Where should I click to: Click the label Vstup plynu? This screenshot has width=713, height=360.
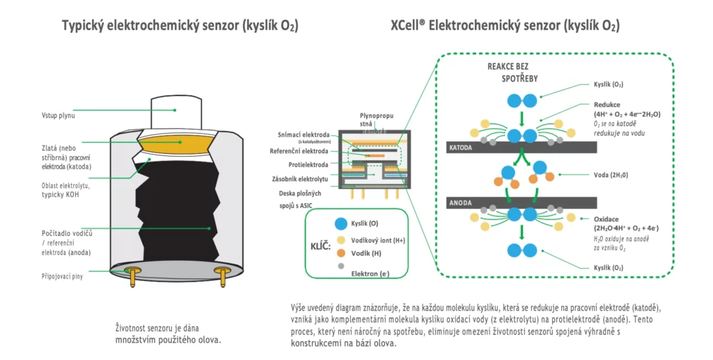[57, 115]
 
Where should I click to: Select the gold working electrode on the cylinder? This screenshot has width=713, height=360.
[175, 143]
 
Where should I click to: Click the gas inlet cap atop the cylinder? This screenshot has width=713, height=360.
[175, 109]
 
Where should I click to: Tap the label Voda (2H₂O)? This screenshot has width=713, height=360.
[610, 175]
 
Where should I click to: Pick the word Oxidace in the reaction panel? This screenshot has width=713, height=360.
[608, 219]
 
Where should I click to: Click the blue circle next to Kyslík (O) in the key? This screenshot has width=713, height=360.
[340, 224]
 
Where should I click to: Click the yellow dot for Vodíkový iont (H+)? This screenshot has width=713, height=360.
[340, 238]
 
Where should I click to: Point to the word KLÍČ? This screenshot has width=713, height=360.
[320, 246]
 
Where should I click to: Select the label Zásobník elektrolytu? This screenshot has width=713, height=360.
[304, 178]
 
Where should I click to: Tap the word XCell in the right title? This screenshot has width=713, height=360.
[409, 26]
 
